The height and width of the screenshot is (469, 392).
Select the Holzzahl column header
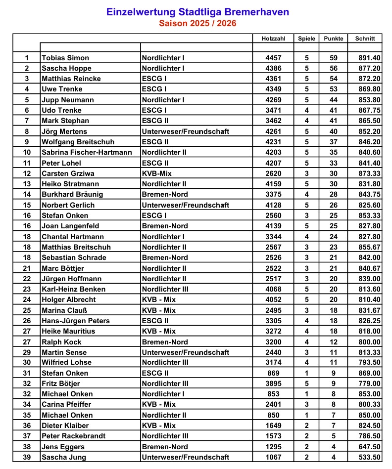[273, 39]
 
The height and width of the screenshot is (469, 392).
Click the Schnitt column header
[365, 39]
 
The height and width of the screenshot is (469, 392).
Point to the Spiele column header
[307, 39]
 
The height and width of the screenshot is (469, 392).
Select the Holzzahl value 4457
[273, 58]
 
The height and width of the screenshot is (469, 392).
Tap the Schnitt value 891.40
[369, 58]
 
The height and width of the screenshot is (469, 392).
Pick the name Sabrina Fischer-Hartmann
[87, 152]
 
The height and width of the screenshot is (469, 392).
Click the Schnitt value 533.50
[369, 457]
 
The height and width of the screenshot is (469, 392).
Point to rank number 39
[27, 457]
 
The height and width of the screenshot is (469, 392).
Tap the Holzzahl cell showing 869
[273, 373]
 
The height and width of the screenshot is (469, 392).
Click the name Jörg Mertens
[64, 131]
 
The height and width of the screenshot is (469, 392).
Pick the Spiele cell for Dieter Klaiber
[307, 426]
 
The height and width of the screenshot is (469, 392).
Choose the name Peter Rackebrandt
[73, 436]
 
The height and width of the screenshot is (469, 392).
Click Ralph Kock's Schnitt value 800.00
[369, 342]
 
